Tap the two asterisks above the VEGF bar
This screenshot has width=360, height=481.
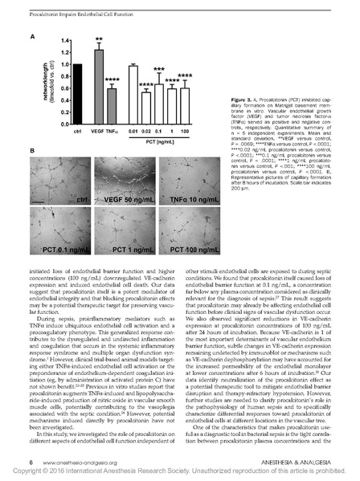pos(99,39)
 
